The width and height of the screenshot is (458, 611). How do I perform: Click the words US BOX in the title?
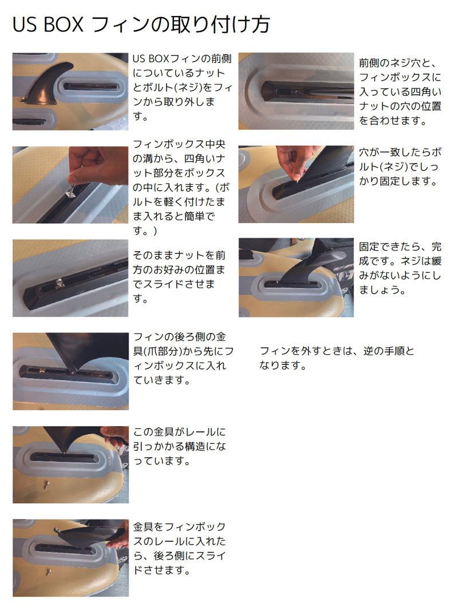(48, 25)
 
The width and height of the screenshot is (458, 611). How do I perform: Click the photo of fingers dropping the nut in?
(70, 184)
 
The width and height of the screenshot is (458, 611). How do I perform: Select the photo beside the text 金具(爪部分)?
(70, 371)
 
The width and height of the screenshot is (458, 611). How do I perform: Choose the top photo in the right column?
(296, 91)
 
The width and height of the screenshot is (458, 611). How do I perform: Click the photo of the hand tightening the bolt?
(296, 184)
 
